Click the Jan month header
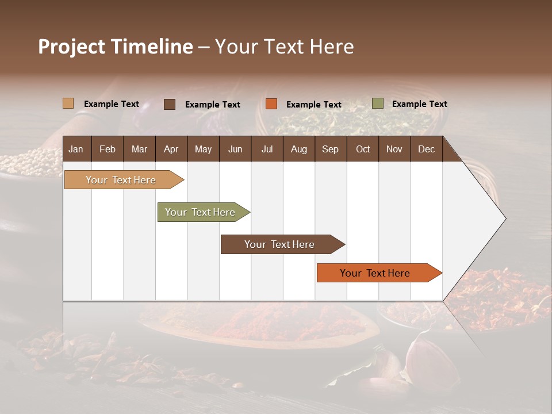pos(76,149)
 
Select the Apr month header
pos(171,149)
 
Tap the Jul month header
pos(267,149)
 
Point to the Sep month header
pos(330,149)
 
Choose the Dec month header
pos(426,149)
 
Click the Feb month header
pos(108,149)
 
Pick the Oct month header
pos(363,149)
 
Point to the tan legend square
pos(68,103)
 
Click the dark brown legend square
pos(170,104)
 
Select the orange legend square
pos(271,104)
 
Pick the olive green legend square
pos(378,103)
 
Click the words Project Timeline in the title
pos(116,47)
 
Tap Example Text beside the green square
pos(419,104)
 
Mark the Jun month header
pos(235,149)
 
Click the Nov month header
pos(394,149)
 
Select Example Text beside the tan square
pos(112,104)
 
